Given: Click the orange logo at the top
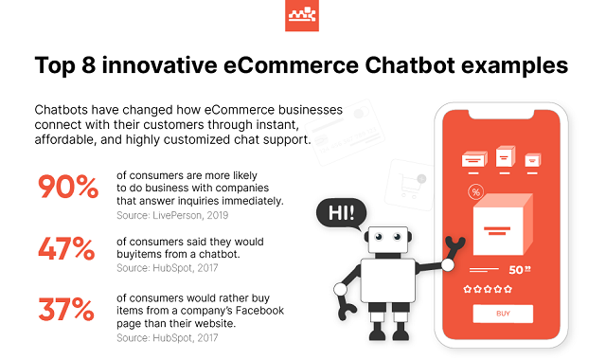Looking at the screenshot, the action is coord(302,15).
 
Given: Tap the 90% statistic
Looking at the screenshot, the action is coord(68,187).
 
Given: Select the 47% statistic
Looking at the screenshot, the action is coord(66,248).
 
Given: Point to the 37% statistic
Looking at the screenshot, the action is coord(66,309).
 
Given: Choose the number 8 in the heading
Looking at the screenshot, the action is coord(88,65).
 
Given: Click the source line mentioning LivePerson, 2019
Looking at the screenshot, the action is coord(172,215).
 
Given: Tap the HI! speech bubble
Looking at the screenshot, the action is coord(341,213).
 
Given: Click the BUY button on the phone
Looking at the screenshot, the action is coord(503,314).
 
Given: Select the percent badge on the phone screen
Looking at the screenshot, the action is coord(475,192).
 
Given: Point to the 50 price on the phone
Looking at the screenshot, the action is coord(520,269).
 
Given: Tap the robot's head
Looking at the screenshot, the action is coord(388,240).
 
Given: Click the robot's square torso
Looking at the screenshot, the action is coord(387,280).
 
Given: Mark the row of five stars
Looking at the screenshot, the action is coord(488,289).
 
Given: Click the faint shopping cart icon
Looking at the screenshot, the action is coord(410,186).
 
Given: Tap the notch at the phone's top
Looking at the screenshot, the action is coord(501,115).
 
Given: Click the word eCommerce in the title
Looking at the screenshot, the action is coord(291,65).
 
